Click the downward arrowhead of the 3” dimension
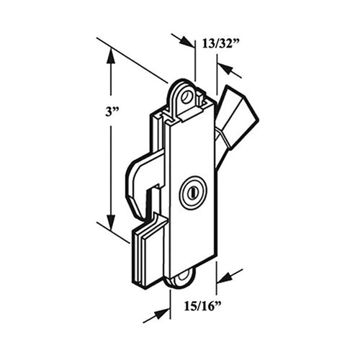[110, 223]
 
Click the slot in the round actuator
[192, 193]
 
